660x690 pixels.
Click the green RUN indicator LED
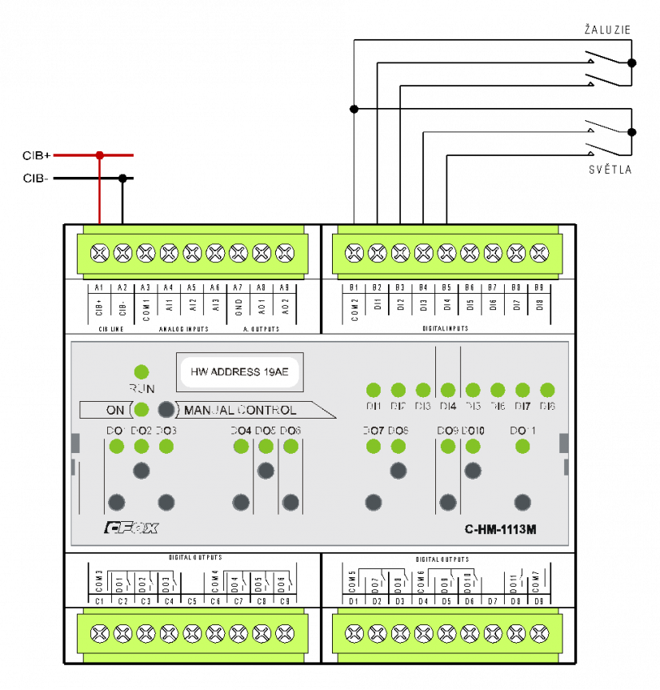coord(142,371)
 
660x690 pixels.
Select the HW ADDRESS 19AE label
coord(238,372)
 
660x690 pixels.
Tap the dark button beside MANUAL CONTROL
coord(166,410)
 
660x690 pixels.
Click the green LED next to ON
coord(142,410)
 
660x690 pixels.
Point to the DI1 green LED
coord(373,391)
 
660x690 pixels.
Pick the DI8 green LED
coord(547,391)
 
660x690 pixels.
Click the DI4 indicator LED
coord(448,391)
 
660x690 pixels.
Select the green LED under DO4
coord(241,447)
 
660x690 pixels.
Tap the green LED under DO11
coord(522,447)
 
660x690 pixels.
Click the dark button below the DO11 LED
coord(522,503)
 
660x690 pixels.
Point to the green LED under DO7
coord(373,447)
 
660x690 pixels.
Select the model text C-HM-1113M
coord(500,529)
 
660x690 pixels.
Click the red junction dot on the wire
coord(99,155)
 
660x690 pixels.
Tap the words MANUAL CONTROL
coord(240,411)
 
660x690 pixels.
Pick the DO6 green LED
coord(290,447)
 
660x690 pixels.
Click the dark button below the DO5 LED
coord(266,471)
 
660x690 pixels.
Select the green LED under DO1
coord(116,447)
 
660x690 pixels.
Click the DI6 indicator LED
coord(498,391)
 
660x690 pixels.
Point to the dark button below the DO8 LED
coord(398,471)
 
